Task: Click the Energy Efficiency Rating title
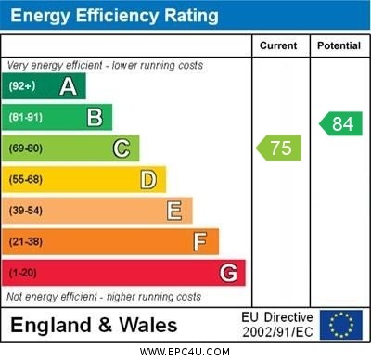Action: click(114, 16)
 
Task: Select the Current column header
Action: click(278, 45)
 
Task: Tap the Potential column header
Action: click(339, 45)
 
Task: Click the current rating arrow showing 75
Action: click(279, 148)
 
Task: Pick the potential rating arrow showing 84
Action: click(340, 123)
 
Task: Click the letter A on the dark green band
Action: click(68, 86)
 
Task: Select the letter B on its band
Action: click(95, 117)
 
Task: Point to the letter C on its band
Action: click(122, 148)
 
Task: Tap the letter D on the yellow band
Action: click(147, 179)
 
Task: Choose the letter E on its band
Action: click(174, 211)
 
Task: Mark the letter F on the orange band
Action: click(200, 242)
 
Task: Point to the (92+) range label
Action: click(21, 86)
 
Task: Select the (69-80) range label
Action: click(25, 148)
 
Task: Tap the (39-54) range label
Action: click(25, 211)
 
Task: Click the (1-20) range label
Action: click(22, 274)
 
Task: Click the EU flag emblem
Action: click(341, 325)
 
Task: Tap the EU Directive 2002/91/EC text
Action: click(277, 325)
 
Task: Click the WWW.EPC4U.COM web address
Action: click(185, 352)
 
